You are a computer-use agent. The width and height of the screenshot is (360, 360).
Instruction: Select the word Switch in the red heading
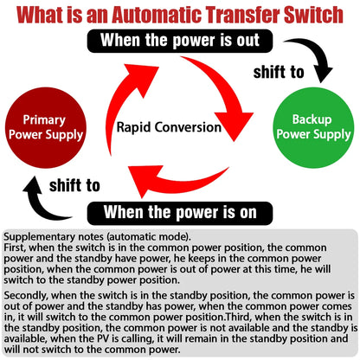tap(314, 15)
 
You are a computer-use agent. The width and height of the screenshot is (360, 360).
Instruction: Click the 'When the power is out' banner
tap(180, 41)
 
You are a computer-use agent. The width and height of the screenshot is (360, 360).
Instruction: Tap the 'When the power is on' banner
tap(180, 213)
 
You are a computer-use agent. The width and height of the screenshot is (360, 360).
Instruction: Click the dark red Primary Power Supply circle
tap(46, 128)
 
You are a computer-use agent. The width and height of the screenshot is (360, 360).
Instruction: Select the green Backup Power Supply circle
tap(313, 128)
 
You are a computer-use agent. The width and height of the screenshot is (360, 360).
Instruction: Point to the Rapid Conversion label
tap(169, 127)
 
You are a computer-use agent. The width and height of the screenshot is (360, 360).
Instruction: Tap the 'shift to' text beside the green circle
tap(279, 72)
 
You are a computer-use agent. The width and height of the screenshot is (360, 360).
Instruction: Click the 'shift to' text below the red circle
tap(74, 185)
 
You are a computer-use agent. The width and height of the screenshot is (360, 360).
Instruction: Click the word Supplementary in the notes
tap(39, 237)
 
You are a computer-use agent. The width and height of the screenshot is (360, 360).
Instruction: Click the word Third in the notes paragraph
tap(237, 317)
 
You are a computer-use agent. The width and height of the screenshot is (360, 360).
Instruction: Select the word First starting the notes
tap(15, 247)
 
